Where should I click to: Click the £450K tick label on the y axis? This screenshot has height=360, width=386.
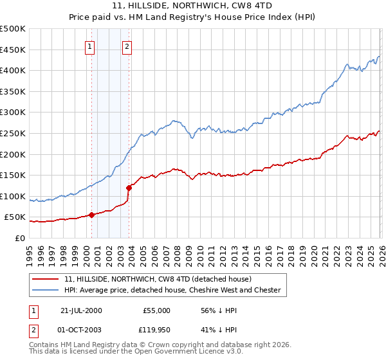pyautogui.click(x=13, y=50)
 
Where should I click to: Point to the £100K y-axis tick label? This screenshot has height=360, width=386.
pyautogui.click(x=13, y=196)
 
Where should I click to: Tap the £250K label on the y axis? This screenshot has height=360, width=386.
pyautogui.click(x=13, y=133)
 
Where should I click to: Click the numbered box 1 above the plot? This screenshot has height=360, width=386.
pyautogui.click(x=89, y=46)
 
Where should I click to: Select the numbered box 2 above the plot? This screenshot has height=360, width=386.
pyautogui.click(x=127, y=46)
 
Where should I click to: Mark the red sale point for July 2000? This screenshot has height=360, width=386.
pyautogui.click(x=91, y=215)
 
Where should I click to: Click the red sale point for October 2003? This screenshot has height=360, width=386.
pyautogui.click(x=129, y=188)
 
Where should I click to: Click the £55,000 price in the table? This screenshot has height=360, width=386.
pyautogui.click(x=155, y=310)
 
